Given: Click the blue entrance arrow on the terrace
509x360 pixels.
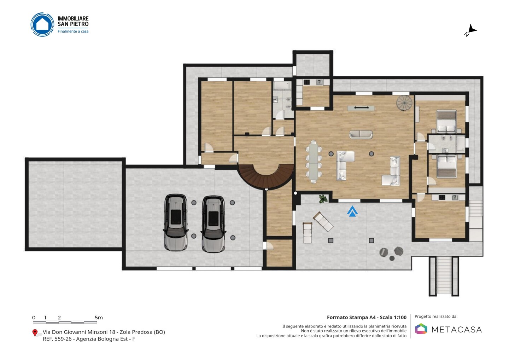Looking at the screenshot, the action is [352, 211].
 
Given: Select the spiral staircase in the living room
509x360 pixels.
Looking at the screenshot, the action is [404, 103].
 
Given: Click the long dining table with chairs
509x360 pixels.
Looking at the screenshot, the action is [314, 162].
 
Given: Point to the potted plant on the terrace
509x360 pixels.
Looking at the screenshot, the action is [323, 199].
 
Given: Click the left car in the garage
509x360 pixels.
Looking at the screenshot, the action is [175, 222].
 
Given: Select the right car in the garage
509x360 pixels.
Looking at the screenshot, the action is [213, 224].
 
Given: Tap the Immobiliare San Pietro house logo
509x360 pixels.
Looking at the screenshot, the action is [42, 24].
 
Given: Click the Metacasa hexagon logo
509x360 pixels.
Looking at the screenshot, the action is [421, 329].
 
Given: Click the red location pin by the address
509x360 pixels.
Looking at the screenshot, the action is [35, 333].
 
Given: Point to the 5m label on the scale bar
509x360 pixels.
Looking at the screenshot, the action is [99, 318].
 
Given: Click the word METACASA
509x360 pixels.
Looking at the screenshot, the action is [457, 330].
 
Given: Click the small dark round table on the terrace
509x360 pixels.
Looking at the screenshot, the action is [392, 258].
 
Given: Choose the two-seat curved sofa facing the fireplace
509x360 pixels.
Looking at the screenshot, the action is [361, 134].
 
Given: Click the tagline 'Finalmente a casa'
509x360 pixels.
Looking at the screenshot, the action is [73, 31].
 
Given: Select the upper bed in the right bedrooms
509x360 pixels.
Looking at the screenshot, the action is [446, 121].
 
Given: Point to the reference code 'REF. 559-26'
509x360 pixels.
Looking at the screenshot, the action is [57, 339].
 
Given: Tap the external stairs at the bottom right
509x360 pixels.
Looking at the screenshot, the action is [444, 276].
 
